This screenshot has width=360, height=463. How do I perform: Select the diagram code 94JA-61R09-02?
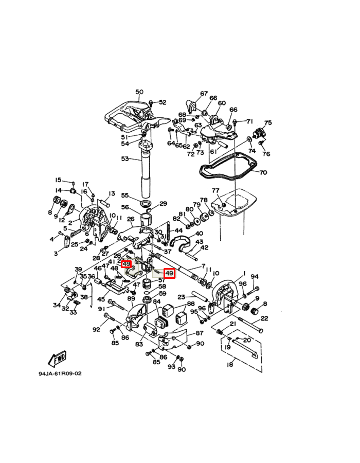pos(60,374)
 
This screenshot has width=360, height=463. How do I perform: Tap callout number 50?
pos(139,92)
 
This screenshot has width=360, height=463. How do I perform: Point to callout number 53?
pos(125,159)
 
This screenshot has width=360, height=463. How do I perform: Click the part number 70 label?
pos(263,172)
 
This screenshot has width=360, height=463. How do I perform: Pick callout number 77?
pos(215,190)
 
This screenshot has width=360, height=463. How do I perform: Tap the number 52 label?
pos(163,102)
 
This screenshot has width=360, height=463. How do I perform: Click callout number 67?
pos(204,94)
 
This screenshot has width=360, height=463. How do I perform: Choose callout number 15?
pos(59,180)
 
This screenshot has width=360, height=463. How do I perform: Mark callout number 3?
pos(56,254)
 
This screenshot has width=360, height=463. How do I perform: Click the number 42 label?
pos(204,247)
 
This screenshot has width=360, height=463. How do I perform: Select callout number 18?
pos(230,365)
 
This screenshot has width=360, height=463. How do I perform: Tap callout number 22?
pos(264,318)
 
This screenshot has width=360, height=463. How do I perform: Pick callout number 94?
pos(254,277)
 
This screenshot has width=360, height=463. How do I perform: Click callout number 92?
pos(96,330)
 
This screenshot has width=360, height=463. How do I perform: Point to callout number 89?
pos(131,298)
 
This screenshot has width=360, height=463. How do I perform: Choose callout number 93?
pos(171,366)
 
